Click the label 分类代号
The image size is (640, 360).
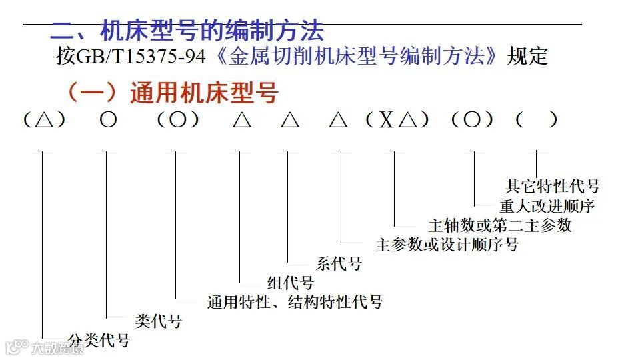[99, 341]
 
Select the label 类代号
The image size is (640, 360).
[158, 321]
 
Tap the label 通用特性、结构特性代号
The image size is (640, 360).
[295, 302]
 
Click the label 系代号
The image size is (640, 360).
[339, 264]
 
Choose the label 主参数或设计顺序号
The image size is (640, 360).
[447, 244]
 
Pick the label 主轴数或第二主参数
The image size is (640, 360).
[500, 225]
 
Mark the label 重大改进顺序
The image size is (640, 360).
[547, 205]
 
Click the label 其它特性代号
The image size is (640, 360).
[553, 186]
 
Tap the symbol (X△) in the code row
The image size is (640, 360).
[397, 120]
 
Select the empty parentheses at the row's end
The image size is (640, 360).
[537, 120]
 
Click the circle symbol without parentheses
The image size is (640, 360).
[108, 120]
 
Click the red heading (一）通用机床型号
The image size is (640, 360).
[171, 93]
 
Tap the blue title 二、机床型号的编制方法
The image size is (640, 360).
[187, 31]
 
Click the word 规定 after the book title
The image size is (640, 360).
[527, 57]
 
